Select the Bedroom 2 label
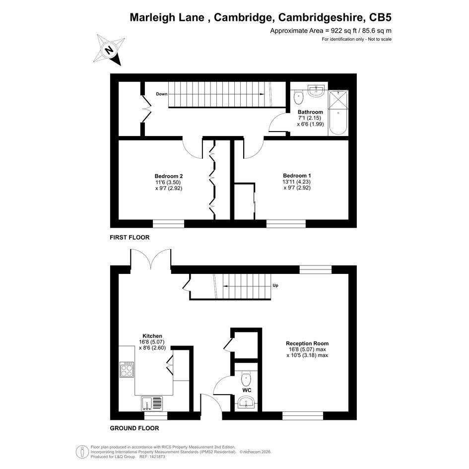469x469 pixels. pos(169,176)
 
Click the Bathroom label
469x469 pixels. pos(310,112)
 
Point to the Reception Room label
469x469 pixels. pos(307,343)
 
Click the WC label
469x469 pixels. pos(247,390)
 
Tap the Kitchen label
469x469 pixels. pos(152,336)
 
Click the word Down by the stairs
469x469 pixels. pos(161,94)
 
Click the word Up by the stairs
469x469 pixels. pos(275,285)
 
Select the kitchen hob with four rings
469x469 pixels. pos(127,369)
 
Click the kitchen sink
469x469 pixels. pos(152,403)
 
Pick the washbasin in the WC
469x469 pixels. pos(247,402)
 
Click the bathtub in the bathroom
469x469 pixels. pos(338,113)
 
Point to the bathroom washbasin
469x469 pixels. pos(316,91)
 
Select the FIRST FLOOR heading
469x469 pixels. pos(130,238)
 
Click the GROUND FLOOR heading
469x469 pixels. pos(134,428)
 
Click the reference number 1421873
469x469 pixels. pos(157,457)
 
